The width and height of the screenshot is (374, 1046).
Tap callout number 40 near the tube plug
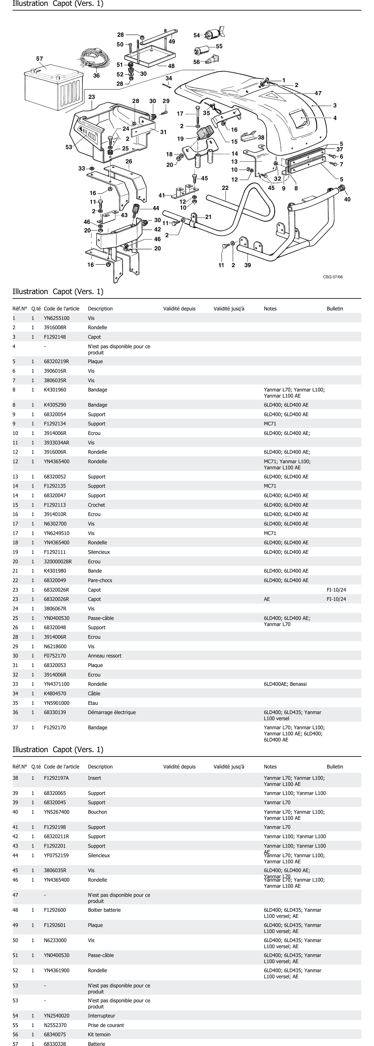point(347,199)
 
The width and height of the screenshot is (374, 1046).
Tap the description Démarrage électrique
point(112,712)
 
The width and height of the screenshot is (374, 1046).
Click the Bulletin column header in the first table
point(335,309)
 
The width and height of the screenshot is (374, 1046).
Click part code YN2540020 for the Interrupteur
point(56,1016)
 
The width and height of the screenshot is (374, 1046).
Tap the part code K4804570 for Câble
point(55,694)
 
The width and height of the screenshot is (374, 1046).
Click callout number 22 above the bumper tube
point(225,188)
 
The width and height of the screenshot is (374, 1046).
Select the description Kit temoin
point(99,1034)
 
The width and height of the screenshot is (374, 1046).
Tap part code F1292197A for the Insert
point(56,778)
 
